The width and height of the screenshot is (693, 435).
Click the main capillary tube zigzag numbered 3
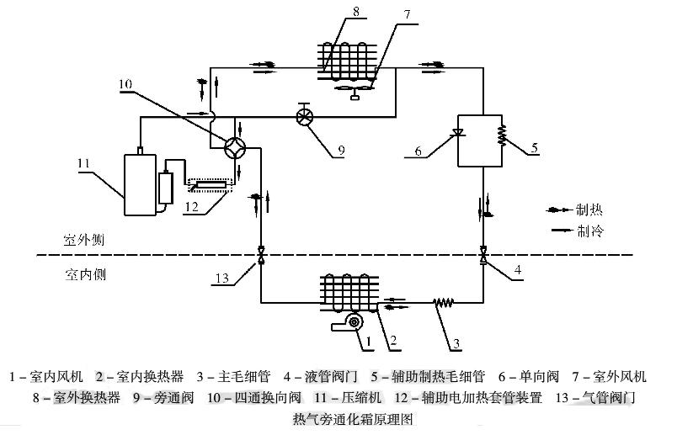click(444, 301)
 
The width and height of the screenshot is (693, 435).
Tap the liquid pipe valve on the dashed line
click(482, 255)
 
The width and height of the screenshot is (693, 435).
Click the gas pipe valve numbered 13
click(260, 255)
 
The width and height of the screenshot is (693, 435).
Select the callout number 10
click(125, 83)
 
